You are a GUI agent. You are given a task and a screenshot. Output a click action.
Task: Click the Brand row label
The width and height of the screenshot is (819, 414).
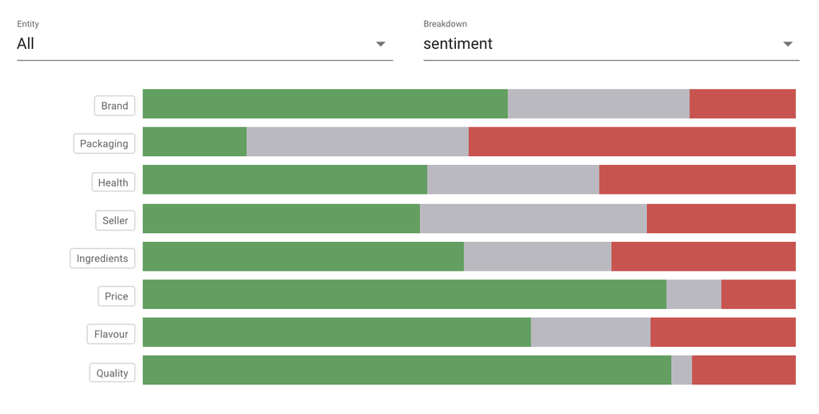pos(114,106)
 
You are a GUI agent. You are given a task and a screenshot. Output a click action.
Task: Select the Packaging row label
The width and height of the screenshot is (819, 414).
pos(104,144)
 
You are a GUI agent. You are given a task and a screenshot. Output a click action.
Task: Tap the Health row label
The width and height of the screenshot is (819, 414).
pos(113,183)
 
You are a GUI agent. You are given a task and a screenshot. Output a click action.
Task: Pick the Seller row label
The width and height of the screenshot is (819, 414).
pos(115,220)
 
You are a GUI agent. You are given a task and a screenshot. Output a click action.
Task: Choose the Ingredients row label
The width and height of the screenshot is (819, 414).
pos(102,259)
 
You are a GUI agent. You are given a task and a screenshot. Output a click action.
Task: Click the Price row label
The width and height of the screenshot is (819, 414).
pos(116,296)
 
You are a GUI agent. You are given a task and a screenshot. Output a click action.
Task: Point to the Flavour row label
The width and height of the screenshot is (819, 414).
pos(111,334)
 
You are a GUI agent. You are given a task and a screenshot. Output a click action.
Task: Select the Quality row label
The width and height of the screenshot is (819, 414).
pos(112,372)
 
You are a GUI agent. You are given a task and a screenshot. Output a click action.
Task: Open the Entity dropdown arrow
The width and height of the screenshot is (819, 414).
pos(381,44)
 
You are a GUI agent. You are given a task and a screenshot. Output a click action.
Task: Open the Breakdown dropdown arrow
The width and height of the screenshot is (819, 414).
pos(788,44)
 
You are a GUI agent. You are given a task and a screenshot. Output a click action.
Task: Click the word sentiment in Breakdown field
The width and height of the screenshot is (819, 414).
pos(457,44)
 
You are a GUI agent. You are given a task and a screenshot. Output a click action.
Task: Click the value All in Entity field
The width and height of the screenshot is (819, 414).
pos(26,44)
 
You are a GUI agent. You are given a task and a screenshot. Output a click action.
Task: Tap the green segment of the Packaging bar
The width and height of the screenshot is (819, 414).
pos(194,142)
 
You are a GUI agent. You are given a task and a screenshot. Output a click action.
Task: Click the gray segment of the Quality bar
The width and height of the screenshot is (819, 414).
pos(681,370)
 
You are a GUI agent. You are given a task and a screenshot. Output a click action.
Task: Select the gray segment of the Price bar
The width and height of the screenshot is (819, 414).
pos(693,294)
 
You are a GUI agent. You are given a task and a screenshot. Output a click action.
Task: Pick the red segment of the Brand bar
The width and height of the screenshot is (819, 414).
pos(742,104)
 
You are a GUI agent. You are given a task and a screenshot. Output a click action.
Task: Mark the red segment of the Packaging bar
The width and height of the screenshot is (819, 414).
pos(632,142)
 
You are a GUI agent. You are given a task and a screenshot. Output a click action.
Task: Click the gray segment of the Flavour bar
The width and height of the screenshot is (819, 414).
pos(590,332)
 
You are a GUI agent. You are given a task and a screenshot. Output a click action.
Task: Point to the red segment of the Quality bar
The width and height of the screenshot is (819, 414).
pos(744,370)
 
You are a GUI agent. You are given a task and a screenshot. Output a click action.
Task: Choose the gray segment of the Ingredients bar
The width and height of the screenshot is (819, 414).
pos(537,256)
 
